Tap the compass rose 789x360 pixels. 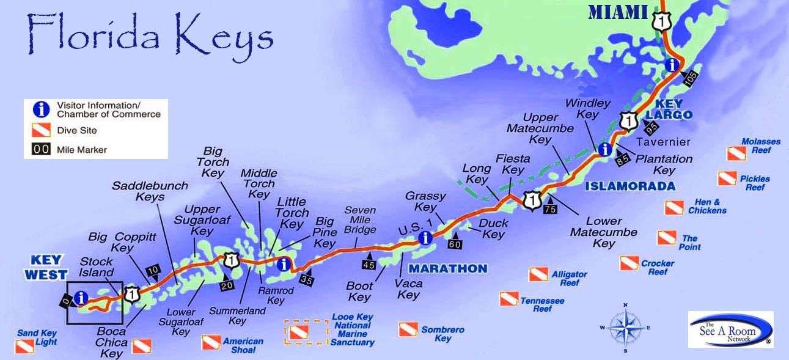[x=625, y=327]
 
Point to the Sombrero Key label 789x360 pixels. [x=442, y=334]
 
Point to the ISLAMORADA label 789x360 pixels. [x=630, y=186]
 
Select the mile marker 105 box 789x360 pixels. [x=691, y=78]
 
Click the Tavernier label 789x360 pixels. [x=666, y=142]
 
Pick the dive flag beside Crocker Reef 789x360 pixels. [x=628, y=263]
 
